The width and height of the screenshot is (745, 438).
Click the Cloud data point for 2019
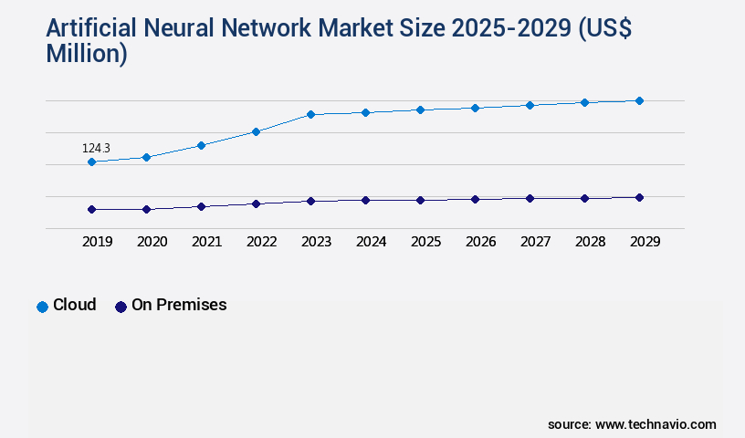(x=91, y=162)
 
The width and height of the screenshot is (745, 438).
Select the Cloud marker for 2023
(x=310, y=115)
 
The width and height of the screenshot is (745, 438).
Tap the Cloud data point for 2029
(x=639, y=100)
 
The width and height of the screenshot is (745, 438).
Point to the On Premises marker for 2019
(x=91, y=209)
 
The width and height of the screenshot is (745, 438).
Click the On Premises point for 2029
(x=639, y=197)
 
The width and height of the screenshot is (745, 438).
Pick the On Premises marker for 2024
(x=365, y=200)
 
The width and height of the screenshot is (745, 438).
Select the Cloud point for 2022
(x=256, y=131)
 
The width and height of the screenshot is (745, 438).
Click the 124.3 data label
(x=96, y=148)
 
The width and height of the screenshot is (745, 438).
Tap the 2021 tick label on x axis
(x=206, y=242)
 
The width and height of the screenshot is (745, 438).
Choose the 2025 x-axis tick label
(x=425, y=242)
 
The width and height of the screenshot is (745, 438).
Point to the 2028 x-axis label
(x=590, y=242)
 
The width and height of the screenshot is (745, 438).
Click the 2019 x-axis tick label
(x=97, y=242)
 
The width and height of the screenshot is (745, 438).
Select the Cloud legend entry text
(x=74, y=305)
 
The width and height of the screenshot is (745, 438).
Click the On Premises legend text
(x=179, y=305)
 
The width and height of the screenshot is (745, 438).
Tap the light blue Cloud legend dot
(x=42, y=307)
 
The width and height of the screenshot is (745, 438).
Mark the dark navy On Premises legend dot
(x=121, y=307)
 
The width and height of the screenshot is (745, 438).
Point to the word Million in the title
(x=87, y=54)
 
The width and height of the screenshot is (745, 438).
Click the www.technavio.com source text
(x=656, y=424)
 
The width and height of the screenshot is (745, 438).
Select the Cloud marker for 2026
(x=475, y=108)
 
